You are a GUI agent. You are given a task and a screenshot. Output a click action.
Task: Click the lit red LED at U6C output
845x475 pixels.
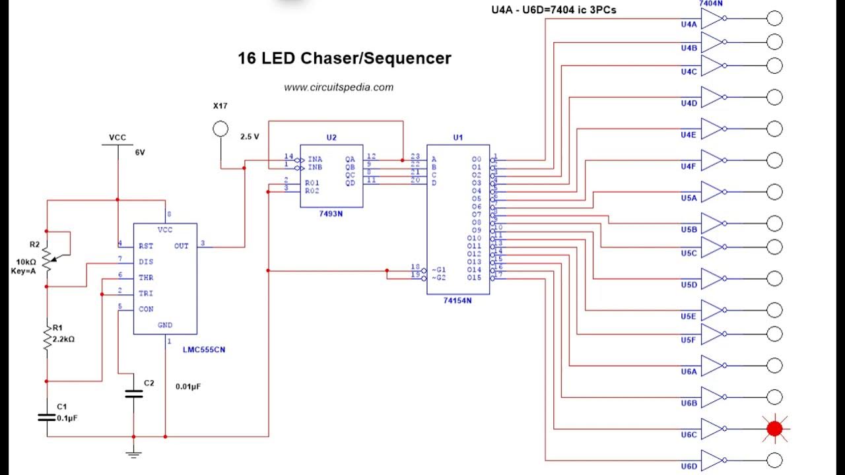[x=774, y=429]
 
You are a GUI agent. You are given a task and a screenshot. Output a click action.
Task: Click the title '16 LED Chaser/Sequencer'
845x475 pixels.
[x=344, y=58]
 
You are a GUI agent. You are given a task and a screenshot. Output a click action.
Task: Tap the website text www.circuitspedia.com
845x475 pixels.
[x=339, y=87]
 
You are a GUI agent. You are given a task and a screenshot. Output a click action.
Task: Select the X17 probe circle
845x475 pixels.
[x=220, y=129]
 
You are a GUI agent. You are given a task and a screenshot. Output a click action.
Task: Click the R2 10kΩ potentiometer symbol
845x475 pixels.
[x=47, y=259]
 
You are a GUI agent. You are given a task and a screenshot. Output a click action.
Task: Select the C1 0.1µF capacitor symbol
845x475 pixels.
[x=47, y=417]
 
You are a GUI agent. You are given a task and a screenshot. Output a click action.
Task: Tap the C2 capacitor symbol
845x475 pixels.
[x=133, y=394]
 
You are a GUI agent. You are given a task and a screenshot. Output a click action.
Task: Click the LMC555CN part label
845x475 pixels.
[x=208, y=350]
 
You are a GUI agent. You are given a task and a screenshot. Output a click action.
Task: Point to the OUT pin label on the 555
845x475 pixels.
[x=182, y=245]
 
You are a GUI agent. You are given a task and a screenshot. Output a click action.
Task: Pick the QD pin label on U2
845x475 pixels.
[x=349, y=183]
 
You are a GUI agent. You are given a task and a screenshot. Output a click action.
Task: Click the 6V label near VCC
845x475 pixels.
[x=140, y=152]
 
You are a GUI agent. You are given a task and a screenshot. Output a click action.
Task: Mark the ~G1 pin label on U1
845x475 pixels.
[x=438, y=270]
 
